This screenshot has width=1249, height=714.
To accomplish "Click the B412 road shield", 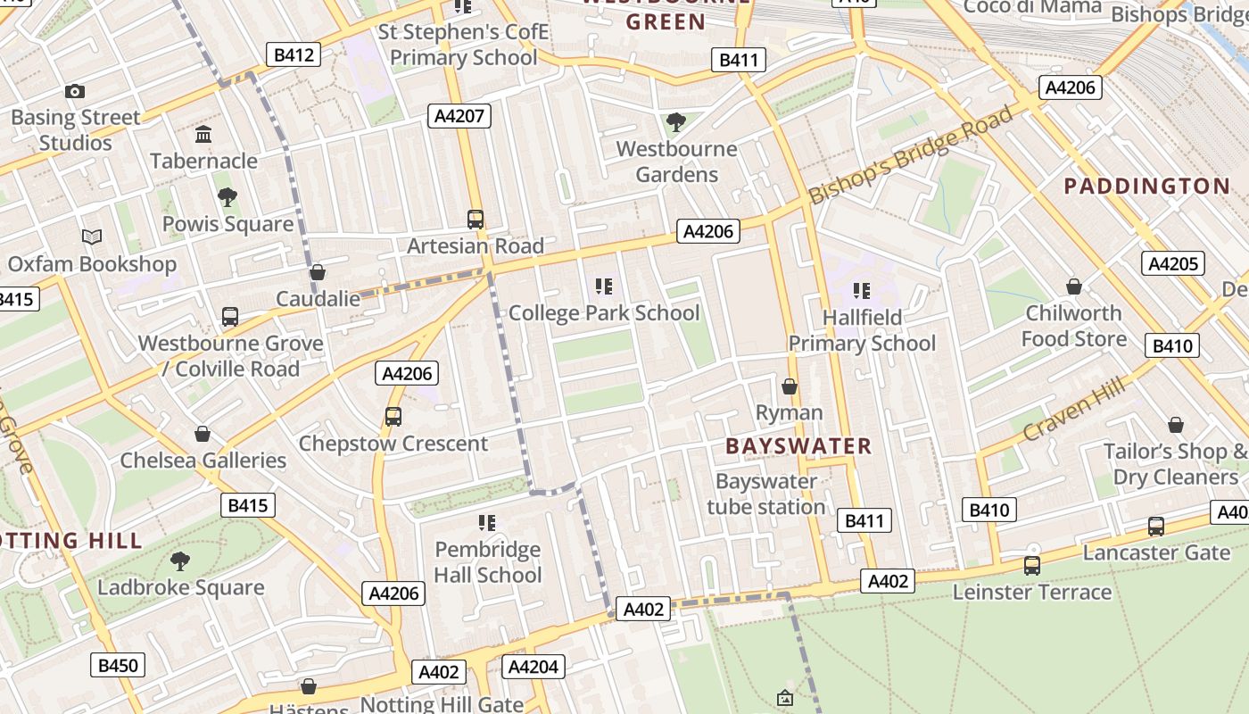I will tap(294, 54).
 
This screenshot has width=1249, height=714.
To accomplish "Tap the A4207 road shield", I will tap(459, 115).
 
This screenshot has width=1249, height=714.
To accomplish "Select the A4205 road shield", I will tap(1172, 263).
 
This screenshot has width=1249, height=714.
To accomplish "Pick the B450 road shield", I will tap(118, 665).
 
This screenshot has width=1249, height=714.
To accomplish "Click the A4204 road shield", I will tap(533, 667).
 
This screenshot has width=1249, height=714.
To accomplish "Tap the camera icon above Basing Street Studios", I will tap(75, 91).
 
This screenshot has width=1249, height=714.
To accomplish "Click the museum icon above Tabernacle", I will tap(203, 135).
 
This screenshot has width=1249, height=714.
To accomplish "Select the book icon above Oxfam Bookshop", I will tap(92, 237).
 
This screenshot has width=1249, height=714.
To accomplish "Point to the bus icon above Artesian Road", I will tap(476, 219).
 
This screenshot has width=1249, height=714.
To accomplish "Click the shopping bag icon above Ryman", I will tap(790, 386).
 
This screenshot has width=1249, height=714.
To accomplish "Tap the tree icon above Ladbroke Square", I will tap(180, 561).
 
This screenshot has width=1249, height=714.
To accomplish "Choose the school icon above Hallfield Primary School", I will tap(861, 291).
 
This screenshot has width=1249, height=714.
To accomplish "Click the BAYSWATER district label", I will tap(798, 446).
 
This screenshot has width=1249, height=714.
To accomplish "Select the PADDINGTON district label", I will tap(1147, 186).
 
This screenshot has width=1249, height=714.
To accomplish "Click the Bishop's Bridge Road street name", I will tap(912, 154).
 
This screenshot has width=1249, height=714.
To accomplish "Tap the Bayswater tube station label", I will tap(766, 494).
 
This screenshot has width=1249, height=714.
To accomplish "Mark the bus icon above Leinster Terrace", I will tap(1032, 565).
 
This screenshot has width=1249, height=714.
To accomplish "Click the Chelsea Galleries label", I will tap(203, 461).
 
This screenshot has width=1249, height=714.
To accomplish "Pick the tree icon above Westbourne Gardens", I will tap(676, 121).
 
